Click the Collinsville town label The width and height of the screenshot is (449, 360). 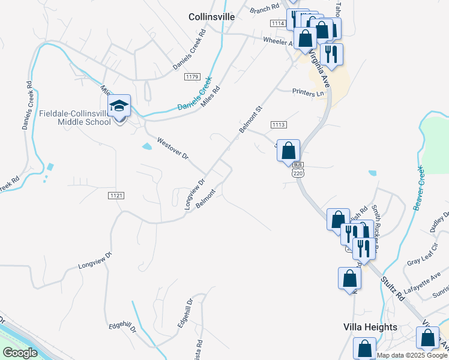(211, 17)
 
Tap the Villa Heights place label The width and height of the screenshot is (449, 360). (370, 327)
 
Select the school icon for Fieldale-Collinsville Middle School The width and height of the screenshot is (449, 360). (119, 106)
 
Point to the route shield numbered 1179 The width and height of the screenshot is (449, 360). (192, 77)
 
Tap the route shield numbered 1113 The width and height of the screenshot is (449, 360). (278, 125)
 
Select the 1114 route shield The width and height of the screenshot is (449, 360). (277, 23)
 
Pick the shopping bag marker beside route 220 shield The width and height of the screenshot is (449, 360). (289, 150)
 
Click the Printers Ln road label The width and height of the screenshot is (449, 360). (308, 93)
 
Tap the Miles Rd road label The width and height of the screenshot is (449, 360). (211, 96)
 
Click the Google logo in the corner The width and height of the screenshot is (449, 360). (20, 353)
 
